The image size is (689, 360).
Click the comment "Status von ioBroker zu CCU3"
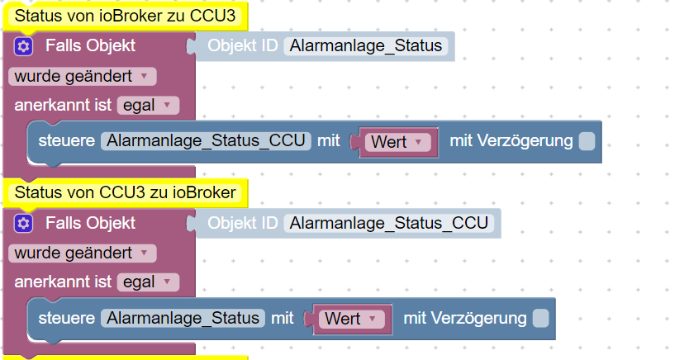click(126, 16)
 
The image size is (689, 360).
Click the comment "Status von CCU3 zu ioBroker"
click(126, 192)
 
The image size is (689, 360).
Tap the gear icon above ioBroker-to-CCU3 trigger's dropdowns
click(23, 46)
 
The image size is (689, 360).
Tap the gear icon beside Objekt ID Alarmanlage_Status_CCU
click(23, 224)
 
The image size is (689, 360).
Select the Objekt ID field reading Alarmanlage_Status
click(366, 45)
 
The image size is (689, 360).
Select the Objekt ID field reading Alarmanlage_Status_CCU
click(389, 223)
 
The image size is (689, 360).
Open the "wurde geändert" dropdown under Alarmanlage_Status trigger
click(82, 77)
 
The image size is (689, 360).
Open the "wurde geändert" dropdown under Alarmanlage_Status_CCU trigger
click(82, 253)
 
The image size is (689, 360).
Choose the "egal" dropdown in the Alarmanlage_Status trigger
click(148, 106)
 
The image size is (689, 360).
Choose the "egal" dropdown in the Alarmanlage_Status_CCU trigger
click(148, 282)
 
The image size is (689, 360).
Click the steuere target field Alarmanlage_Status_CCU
click(206, 141)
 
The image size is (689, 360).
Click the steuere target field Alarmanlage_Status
click(183, 318)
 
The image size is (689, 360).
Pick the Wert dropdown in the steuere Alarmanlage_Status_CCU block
click(398, 142)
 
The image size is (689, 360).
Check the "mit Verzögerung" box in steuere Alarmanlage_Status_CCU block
click(587, 141)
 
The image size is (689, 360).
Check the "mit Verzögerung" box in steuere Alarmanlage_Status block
click(540, 318)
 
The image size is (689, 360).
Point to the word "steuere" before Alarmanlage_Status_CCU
click(67, 141)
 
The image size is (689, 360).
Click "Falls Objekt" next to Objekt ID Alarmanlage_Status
click(91, 45)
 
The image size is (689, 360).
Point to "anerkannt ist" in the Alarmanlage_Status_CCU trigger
click(63, 282)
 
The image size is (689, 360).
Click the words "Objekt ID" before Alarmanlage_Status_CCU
click(243, 223)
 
